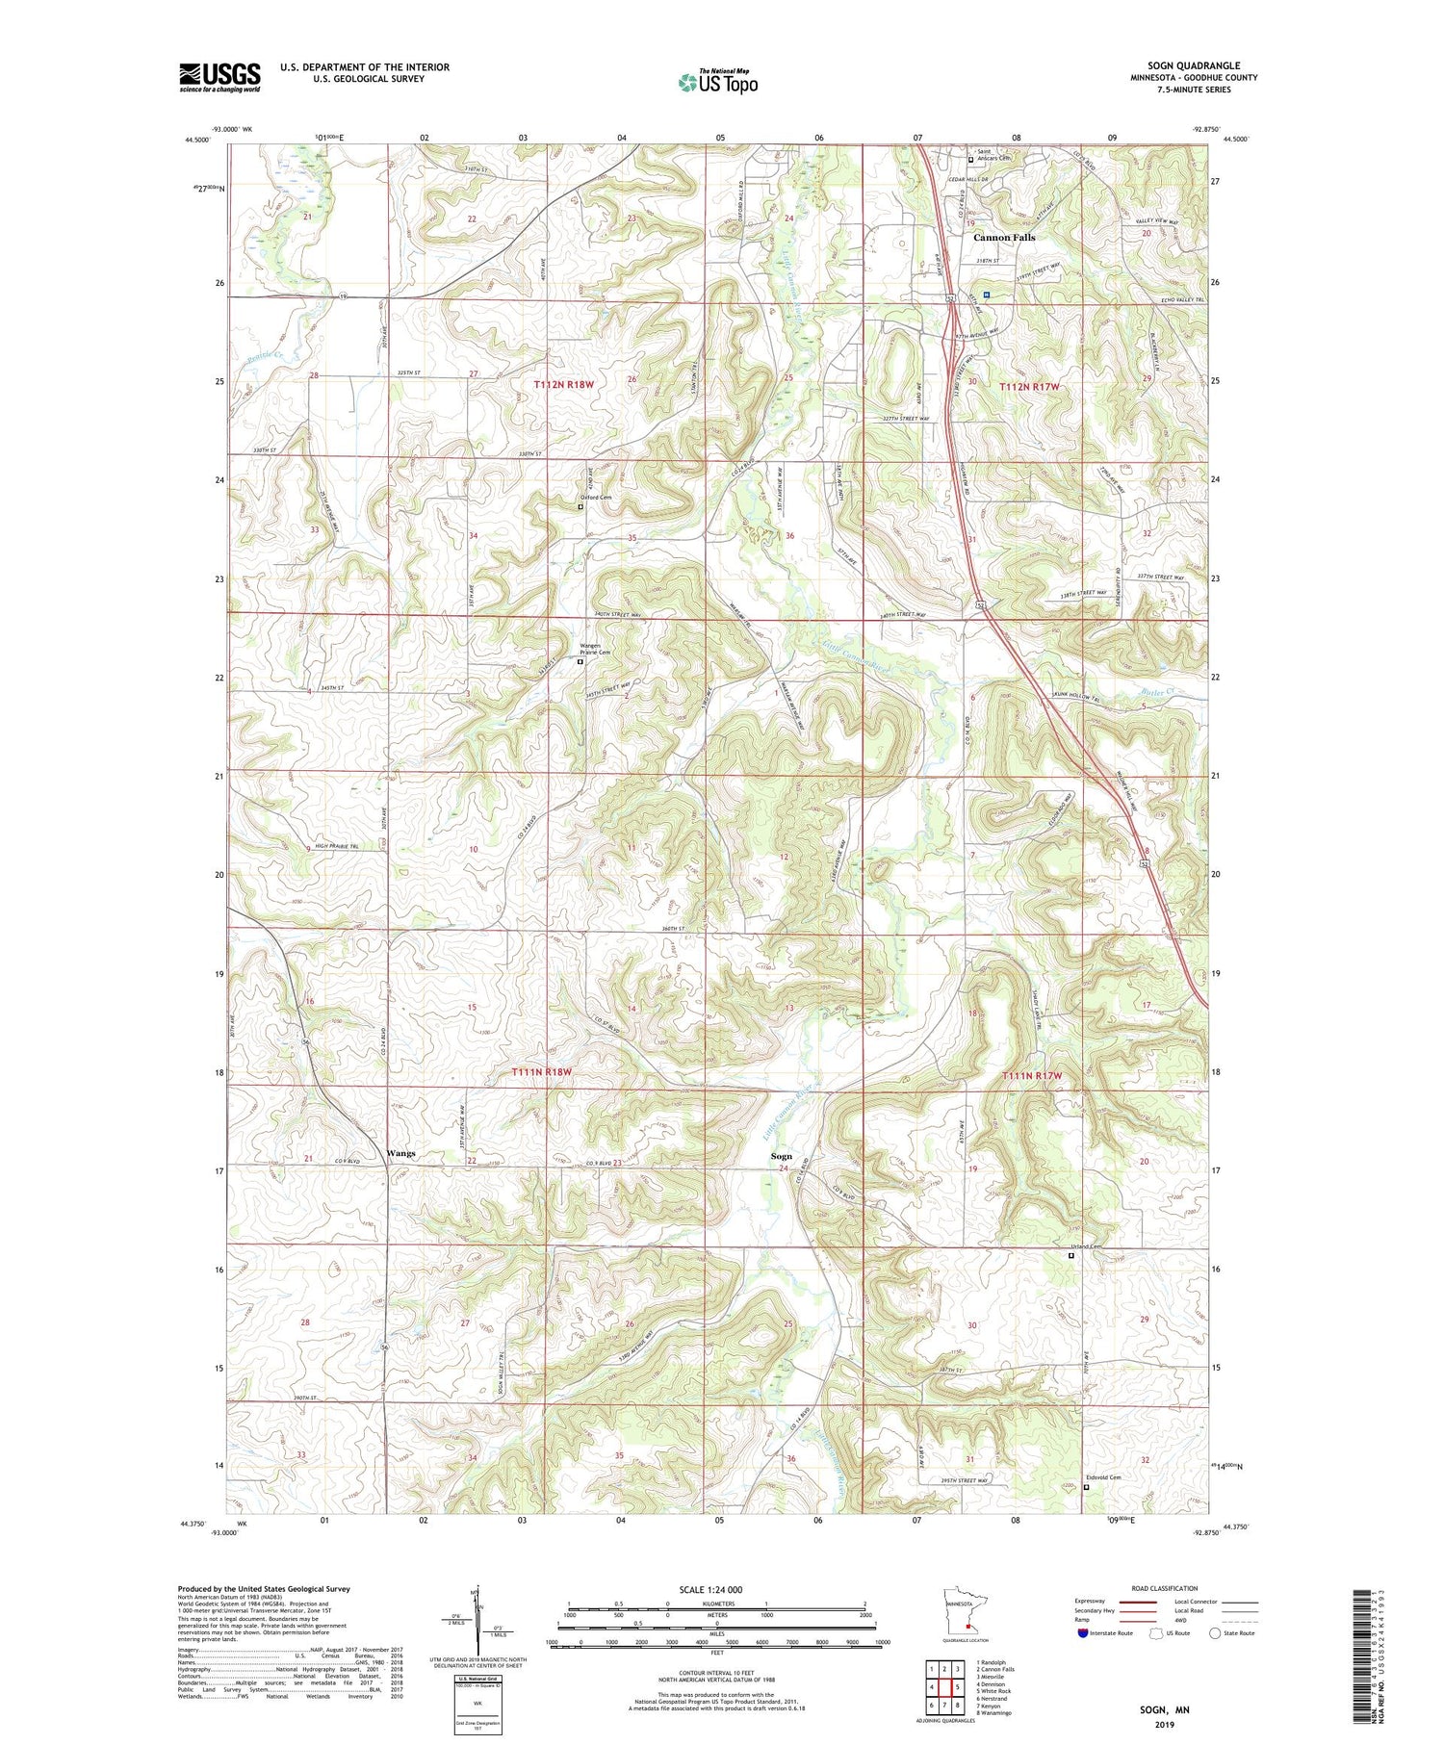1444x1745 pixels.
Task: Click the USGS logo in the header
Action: click(x=219, y=77)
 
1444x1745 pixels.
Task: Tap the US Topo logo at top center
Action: click(x=717, y=82)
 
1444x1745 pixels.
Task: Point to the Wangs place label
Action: click(x=400, y=1153)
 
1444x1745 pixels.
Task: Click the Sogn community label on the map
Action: click(x=781, y=1156)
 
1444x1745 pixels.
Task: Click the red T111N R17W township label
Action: click(x=1032, y=1075)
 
